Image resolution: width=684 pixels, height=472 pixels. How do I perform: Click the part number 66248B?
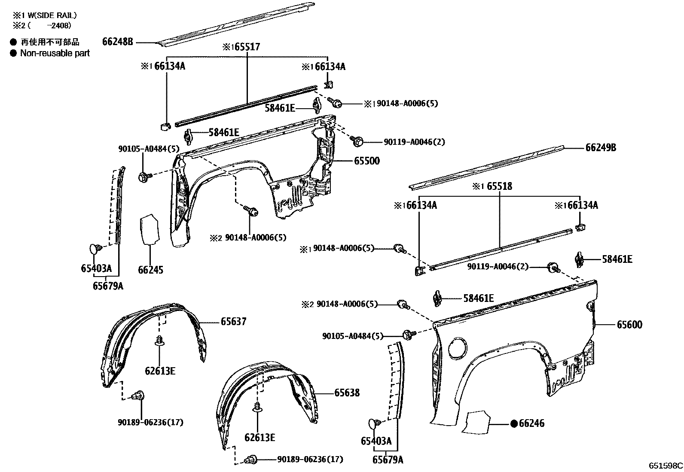pos(117,42)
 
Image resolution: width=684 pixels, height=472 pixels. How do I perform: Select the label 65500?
pos(366,161)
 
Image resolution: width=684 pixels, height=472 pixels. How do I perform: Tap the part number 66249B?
pos(601,147)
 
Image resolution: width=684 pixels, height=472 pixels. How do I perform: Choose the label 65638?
pos(347,393)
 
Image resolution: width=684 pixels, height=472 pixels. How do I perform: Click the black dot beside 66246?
pos(513,423)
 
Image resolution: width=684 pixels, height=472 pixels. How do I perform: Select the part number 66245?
pos(150,270)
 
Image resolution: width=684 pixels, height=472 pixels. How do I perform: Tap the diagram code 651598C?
pos(666,466)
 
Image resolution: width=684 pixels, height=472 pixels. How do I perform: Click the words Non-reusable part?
pos(55,53)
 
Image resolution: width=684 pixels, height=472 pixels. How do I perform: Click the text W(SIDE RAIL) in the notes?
pos(51,15)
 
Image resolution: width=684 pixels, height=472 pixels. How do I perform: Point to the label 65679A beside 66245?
pos(108,286)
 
